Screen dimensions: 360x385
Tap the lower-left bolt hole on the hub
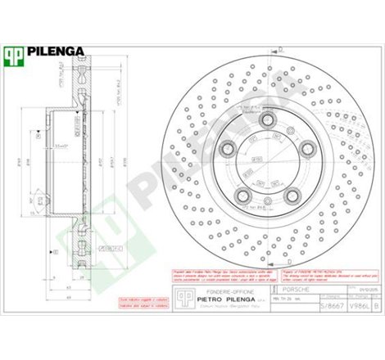[243, 193]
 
